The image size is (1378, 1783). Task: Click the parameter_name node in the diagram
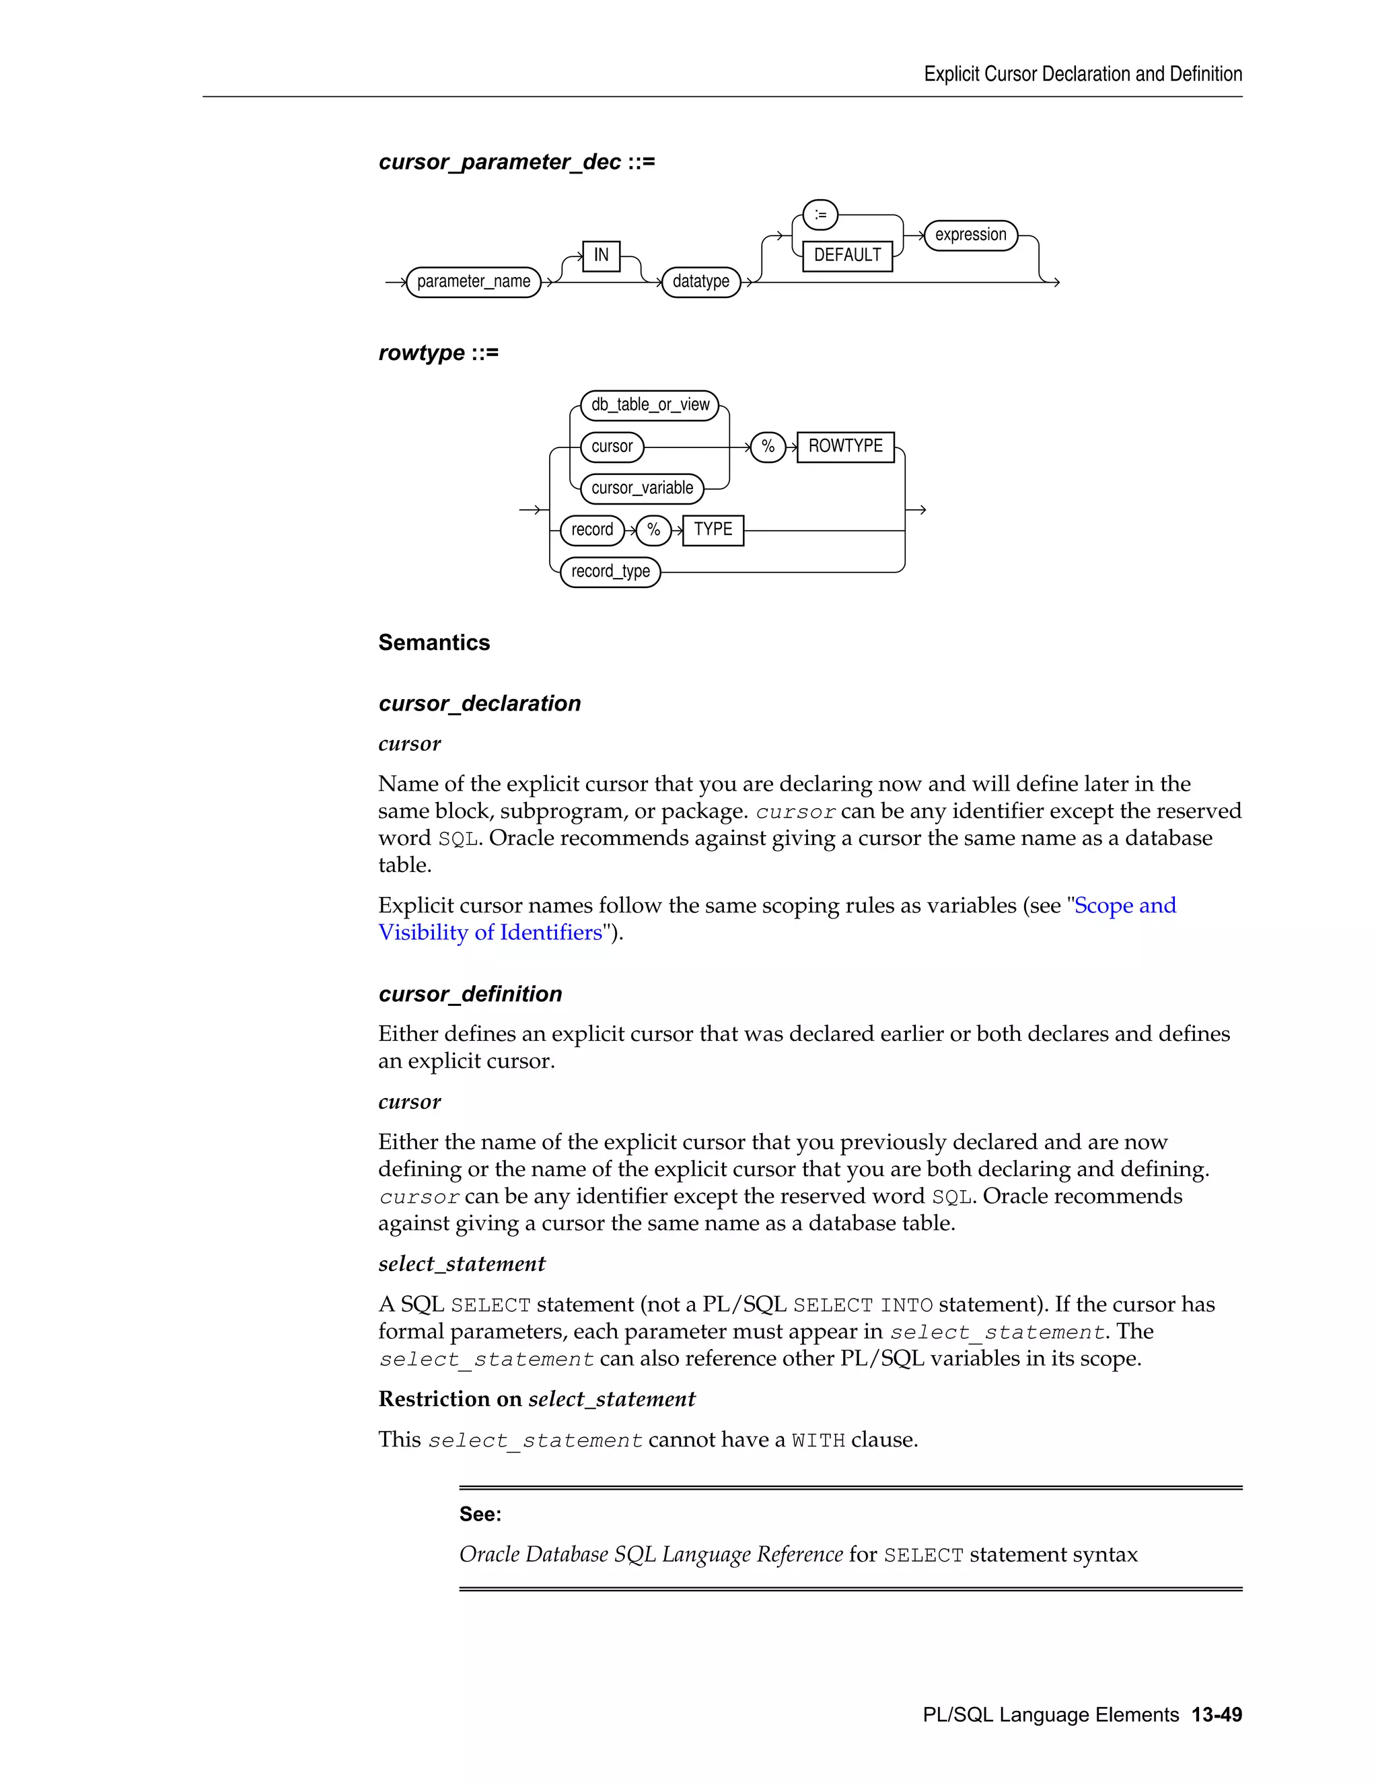[x=474, y=282]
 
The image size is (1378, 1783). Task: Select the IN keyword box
[x=601, y=256]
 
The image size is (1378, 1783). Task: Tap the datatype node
[x=700, y=282]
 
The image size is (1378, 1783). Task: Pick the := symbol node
[x=820, y=215]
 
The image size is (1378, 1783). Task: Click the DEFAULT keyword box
[x=846, y=256]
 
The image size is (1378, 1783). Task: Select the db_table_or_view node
[x=650, y=405]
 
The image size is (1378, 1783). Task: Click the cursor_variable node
[x=642, y=488]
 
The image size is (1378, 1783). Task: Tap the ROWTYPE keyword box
[x=845, y=447]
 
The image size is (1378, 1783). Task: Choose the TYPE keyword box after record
[x=713, y=530]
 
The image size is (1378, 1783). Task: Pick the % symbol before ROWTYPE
[x=767, y=447]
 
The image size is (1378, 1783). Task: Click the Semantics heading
[x=433, y=643]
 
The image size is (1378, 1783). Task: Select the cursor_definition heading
[x=470, y=994]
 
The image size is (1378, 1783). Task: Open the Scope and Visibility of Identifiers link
[x=1124, y=906]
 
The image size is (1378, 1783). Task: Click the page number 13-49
[x=1217, y=1714]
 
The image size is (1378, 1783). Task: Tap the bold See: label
[x=480, y=1515]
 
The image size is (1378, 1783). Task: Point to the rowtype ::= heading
[x=439, y=353]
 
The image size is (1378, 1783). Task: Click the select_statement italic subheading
[x=461, y=1264]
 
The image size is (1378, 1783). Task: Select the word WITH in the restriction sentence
[x=818, y=1441]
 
